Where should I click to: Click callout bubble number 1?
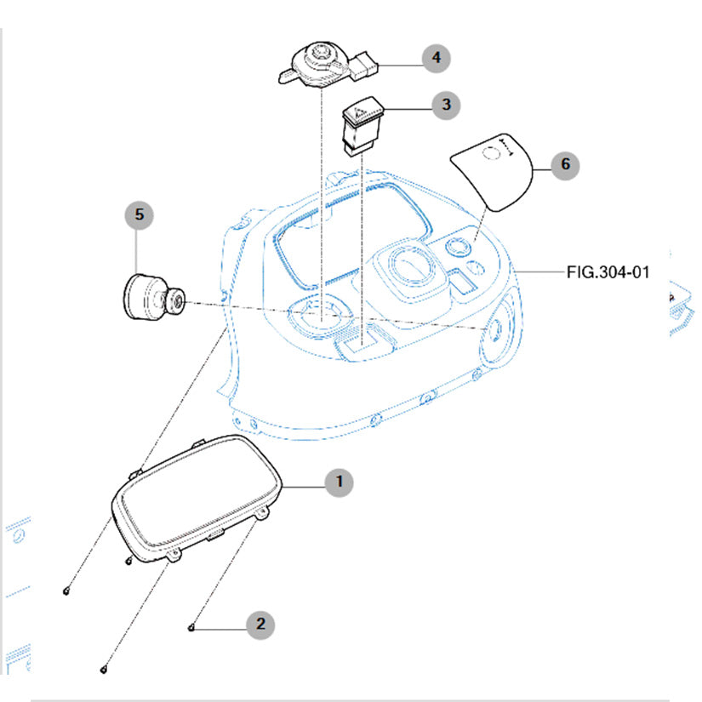coord(339,482)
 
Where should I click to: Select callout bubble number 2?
coord(260,624)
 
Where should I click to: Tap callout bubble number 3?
coord(444,106)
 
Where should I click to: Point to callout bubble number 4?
coord(437,58)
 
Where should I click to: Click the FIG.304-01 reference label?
coord(608,273)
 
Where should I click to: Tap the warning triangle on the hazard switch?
coord(360,111)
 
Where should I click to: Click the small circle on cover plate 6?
coord(489,153)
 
